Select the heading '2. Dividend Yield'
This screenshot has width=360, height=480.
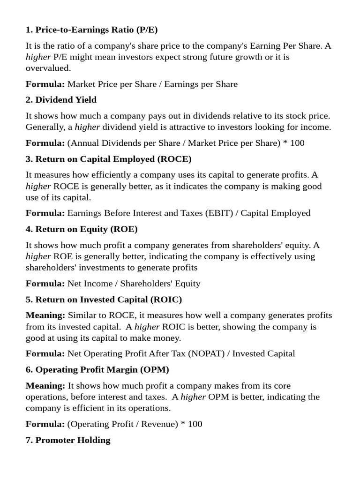coord(61,100)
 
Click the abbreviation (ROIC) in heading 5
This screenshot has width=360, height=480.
coord(166,299)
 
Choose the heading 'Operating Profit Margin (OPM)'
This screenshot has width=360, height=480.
coord(102,369)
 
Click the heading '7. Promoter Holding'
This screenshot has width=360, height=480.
coord(68,440)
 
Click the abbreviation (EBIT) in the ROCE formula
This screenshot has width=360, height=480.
coord(217,213)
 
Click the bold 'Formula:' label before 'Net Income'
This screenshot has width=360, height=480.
coord(45,284)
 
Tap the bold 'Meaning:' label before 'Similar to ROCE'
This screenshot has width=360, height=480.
coord(45,315)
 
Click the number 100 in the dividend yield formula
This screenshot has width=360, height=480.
coord(297,143)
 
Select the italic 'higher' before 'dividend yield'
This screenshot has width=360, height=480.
coord(87,127)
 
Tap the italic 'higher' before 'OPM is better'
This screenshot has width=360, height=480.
coord(193,397)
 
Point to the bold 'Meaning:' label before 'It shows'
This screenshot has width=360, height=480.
coord(45,386)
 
